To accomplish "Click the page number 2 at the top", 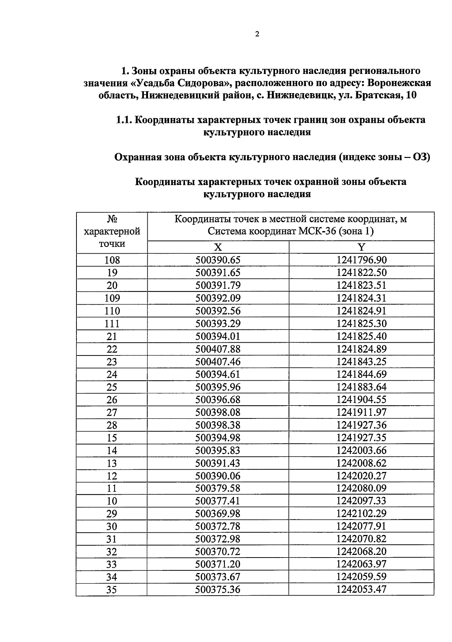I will pos(257,34).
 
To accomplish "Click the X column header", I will pos(218,247).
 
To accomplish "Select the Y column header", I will pos(361,247).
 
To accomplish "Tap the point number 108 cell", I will pos(112,260).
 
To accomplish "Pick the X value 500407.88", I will pos(218,349).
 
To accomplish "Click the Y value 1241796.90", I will pos(362,260).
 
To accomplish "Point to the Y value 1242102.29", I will pos(362,513).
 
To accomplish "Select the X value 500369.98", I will pos(218,513).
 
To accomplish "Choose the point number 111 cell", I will pos(112,324).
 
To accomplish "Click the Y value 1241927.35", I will pos(362,438).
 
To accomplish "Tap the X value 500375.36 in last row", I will pos(218,590).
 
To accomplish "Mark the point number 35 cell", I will pos(111,590).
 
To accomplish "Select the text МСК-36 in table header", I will pos(318,231).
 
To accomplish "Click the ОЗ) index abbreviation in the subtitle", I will pos(421,157).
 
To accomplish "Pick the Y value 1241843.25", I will pos(362,362).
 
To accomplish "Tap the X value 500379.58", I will pos(218,488).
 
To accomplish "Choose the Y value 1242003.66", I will pos(362,450).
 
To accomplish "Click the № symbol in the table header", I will pos(112,219).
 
